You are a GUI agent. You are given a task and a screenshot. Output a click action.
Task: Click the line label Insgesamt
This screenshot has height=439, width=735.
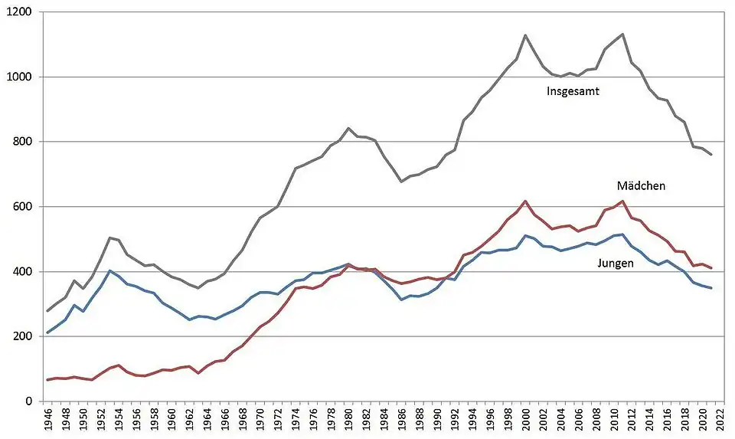(572, 91)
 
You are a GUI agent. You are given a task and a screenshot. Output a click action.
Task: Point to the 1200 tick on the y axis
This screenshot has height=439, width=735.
(18, 13)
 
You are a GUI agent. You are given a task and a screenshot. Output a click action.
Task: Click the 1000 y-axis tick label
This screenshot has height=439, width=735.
(18, 77)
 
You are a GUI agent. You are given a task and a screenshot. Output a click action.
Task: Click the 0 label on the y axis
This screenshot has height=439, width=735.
(28, 401)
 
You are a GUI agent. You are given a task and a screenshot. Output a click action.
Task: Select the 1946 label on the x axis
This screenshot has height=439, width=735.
(48, 420)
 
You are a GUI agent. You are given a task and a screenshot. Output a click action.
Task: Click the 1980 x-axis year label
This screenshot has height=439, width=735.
(349, 420)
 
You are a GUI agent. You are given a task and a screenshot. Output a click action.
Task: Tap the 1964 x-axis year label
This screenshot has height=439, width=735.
(207, 420)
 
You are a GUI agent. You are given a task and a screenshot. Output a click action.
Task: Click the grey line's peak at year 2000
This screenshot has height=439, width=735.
(526, 35)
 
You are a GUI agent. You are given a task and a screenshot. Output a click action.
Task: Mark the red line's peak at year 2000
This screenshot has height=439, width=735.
(526, 201)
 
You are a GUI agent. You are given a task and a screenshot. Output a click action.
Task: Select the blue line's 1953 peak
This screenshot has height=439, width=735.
(110, 270)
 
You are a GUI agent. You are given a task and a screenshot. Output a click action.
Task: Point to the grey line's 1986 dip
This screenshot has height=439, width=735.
(401, 182)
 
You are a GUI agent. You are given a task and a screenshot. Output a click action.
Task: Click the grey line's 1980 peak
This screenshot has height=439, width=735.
(348, 128)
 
